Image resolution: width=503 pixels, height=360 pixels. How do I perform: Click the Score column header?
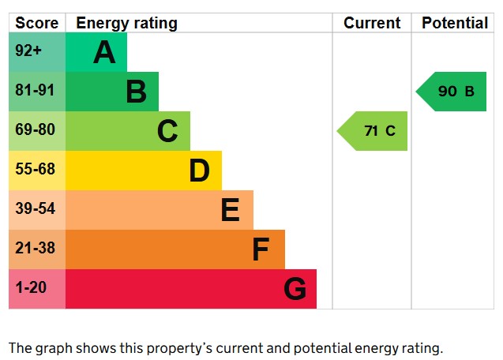[x=37, y=23]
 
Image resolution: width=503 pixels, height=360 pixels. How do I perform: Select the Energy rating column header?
[x=126, y=23]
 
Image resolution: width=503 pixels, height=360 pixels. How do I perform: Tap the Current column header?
[x=372, y=23]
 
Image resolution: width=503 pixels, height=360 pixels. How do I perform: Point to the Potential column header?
[x=455, y=23]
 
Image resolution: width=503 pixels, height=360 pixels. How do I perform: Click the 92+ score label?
[x=29, y=51]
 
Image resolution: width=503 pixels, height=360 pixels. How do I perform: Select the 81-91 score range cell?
[x=36, y=91]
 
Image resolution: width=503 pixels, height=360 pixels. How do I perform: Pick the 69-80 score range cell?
[x=36, y=130]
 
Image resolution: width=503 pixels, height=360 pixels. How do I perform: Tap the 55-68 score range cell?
[x=36, y=170]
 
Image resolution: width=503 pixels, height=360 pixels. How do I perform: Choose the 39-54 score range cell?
[x=36, y=209]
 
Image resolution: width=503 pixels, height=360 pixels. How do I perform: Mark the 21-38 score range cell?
[x=36, y=249]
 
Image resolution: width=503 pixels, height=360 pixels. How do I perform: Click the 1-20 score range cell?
[x=32, y=288]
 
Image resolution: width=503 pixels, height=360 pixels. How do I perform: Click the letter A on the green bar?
[x=104, y=52]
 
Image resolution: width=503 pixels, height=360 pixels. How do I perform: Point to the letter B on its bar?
[x=136, y=92]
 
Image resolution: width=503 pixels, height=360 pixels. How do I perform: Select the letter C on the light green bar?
[x=167, y=131]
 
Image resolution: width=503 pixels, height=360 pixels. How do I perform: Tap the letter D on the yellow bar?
[x=199, y=171]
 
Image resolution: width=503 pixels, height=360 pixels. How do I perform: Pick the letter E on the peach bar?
[x=230, y=210]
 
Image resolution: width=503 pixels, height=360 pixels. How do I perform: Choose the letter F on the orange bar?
[x=261, y=249]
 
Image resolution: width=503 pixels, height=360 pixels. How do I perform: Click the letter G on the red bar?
[x=295, y=289]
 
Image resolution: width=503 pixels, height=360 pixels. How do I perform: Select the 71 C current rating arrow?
[x=375, y=131]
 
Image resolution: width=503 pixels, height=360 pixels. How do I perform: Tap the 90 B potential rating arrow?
[x=453, y=92]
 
